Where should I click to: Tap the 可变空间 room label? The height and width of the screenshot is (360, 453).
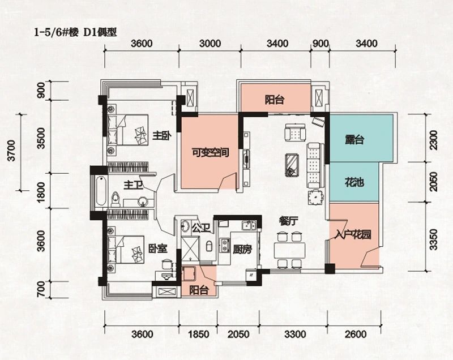point(211,152)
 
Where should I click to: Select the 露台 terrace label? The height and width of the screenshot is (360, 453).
point(354,140)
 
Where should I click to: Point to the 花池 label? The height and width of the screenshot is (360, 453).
point(354,182)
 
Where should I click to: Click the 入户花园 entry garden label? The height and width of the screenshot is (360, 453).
point(353,235)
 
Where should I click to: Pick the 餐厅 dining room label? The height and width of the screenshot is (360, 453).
point(288,221)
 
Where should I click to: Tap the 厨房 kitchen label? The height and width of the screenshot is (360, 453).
point(242,249)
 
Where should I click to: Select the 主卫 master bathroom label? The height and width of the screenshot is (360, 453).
point(133,185)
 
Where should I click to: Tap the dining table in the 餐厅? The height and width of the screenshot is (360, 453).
point(290,251)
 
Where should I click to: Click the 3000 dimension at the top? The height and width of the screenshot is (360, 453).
point(210,44)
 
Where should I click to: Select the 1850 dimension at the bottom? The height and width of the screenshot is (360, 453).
point(199,335)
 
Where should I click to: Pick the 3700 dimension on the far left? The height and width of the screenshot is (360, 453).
point(11,151)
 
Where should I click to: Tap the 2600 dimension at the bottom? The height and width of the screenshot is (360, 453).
point(356,335)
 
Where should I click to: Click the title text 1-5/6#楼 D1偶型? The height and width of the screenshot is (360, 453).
point(75,32)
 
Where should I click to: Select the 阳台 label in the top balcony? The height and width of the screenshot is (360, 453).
point(275,100)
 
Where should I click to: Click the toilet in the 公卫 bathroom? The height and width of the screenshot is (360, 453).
point(209,246)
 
